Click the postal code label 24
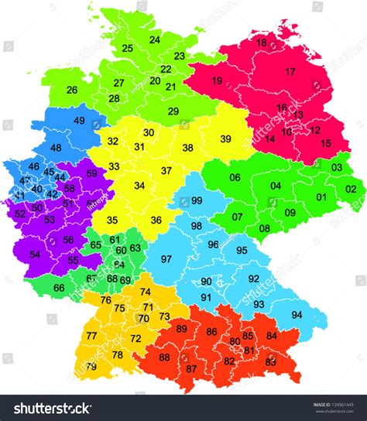(155, 39)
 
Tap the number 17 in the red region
(290, 72)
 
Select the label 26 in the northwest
(72, 91)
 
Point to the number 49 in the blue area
(80, 121)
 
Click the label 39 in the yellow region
(225, 139)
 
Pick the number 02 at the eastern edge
(351, 189)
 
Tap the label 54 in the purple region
(35, 255)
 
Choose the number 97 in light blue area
(166, 259)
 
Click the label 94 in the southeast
(297, 315)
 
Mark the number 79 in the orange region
(91, 367)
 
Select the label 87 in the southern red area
(191, 368)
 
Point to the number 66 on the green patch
(59, 288)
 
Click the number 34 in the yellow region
(139, 186)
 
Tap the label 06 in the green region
(235, 178)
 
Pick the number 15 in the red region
(325, 143)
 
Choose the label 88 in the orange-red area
(164, 358)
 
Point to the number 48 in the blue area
(56, 148)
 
